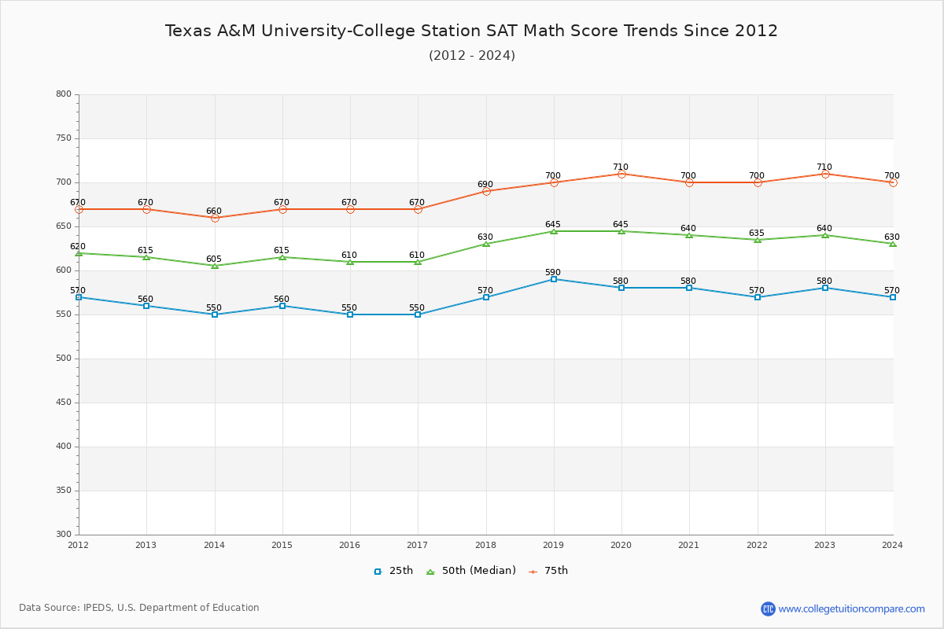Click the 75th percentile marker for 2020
coord(621,174)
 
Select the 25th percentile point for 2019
coord(554,279)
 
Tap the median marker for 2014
coord(215,266)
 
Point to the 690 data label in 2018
coord(485,185)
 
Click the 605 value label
coord(214,259)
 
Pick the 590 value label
coord(553,273)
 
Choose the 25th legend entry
coord(393,571)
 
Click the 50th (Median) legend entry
coord(470,571)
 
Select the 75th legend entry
coord(548,571)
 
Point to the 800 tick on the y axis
coord(63,94)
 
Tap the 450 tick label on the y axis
coord(63,403)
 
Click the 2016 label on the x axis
coord(350,545)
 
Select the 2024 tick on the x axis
coord(892,545)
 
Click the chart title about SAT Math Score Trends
coord(471,31)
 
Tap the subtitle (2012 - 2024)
coord(471,56)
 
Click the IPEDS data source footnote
coord(139,608)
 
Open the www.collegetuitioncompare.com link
coord(851,609)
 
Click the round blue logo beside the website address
coord(768,609)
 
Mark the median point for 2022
coord(758,240)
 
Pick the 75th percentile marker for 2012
coord(79,209)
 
